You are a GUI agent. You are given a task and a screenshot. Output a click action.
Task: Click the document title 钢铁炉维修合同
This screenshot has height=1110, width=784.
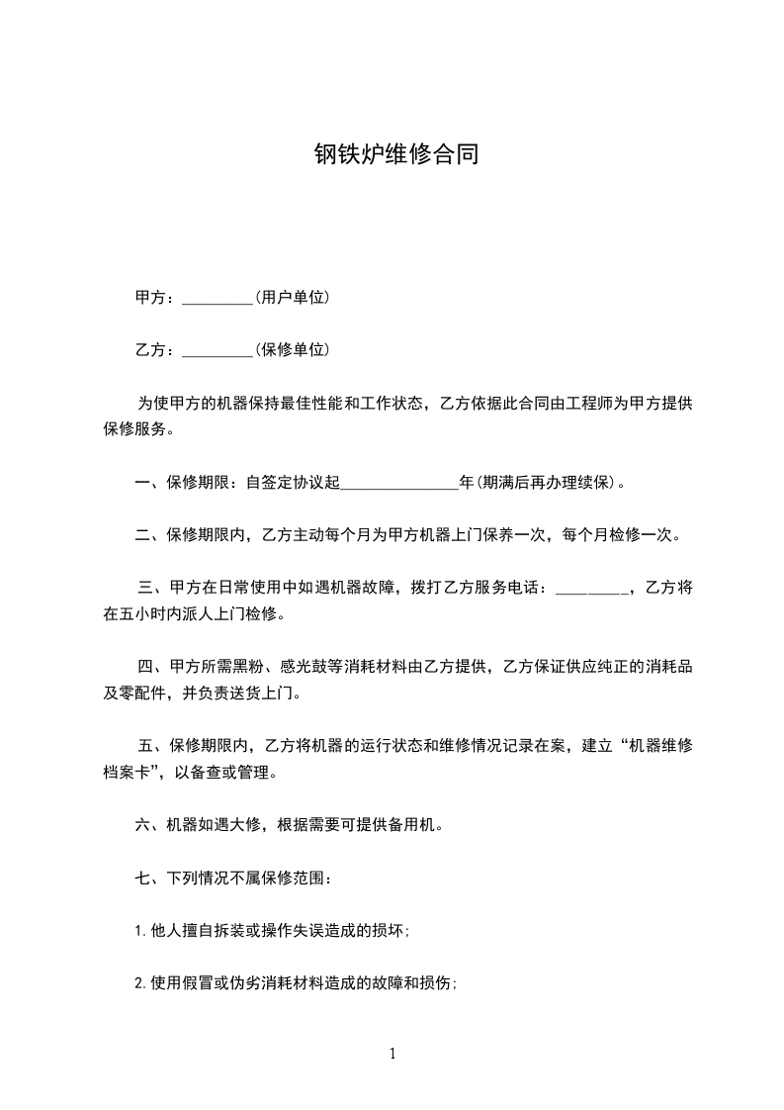point(396,154)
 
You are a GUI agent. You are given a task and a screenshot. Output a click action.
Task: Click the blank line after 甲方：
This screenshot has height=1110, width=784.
point(218,298)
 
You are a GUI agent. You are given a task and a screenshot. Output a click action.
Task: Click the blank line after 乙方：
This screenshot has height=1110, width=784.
point(218,350)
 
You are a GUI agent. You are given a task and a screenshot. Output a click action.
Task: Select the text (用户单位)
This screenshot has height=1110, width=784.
point(292,298)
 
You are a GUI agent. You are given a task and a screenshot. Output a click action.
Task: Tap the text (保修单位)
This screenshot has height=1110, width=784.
point(292,350)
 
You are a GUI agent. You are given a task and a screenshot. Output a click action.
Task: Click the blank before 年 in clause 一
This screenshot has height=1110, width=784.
point(399,484)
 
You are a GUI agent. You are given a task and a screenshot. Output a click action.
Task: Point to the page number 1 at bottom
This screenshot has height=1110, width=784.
point(392,1054)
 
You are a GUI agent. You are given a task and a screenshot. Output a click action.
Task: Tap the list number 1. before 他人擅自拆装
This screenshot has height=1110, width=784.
point(140,930)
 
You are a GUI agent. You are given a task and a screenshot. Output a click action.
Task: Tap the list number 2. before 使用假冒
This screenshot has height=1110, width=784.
point(140,983)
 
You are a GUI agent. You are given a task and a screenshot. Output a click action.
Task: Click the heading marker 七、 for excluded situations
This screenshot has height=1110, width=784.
point(147,877)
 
